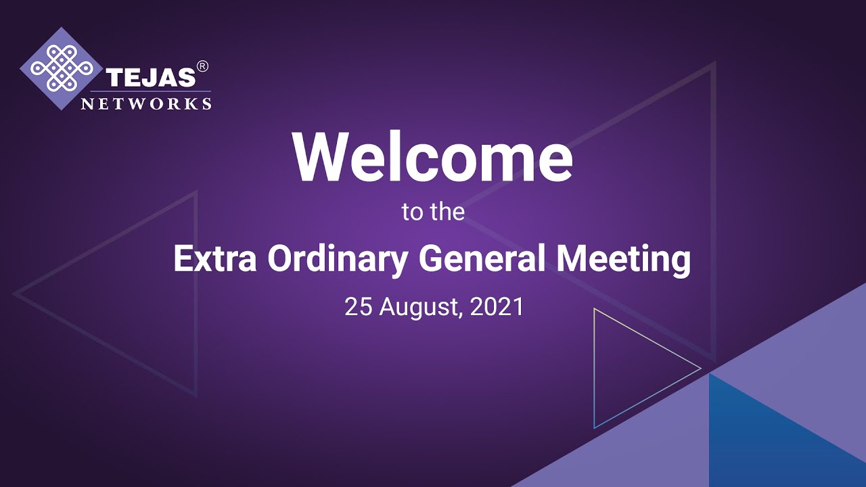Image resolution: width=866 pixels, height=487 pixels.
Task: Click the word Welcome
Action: [432, 157]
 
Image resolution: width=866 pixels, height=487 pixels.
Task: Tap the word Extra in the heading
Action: [214, 259]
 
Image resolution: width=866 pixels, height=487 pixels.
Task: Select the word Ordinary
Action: [336, 260]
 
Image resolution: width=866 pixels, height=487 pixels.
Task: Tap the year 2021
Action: [497, 307]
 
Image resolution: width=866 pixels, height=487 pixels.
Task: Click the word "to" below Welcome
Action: [412, 212]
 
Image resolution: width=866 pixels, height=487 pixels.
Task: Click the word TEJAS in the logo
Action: [150, 78]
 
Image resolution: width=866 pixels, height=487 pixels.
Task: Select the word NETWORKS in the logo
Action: [146, 103]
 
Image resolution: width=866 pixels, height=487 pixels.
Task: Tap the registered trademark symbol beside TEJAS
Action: [202, 66]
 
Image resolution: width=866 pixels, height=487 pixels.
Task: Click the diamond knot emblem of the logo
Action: [62, 69]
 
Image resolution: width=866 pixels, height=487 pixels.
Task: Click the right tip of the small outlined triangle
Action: [700, 369]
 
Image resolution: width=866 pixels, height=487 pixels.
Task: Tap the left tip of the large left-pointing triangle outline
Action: [15, 294]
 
